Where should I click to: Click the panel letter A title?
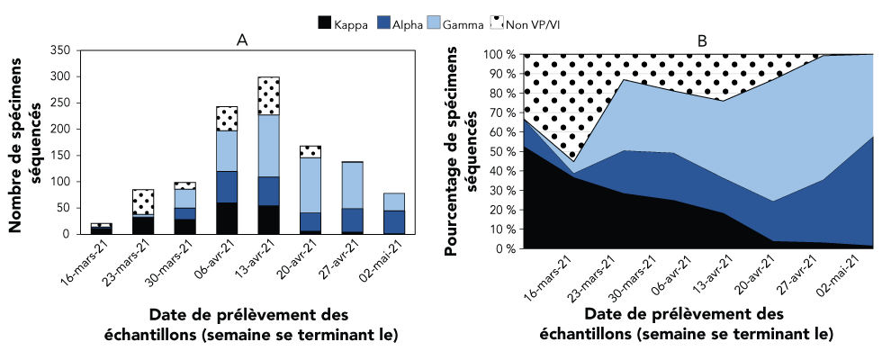tap(242, 40)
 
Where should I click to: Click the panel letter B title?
tap(702, 40)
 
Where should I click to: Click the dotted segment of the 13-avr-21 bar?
tap(268, 95)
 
